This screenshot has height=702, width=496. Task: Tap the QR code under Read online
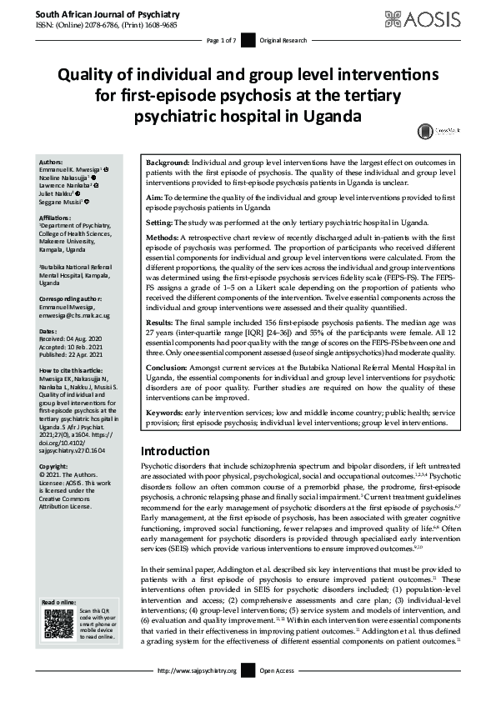click(54, 623)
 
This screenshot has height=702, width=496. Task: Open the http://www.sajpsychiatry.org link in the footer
click(197, 670)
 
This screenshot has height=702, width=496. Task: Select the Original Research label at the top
click(283, 40)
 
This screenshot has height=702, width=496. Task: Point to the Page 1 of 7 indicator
click(221, 40)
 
